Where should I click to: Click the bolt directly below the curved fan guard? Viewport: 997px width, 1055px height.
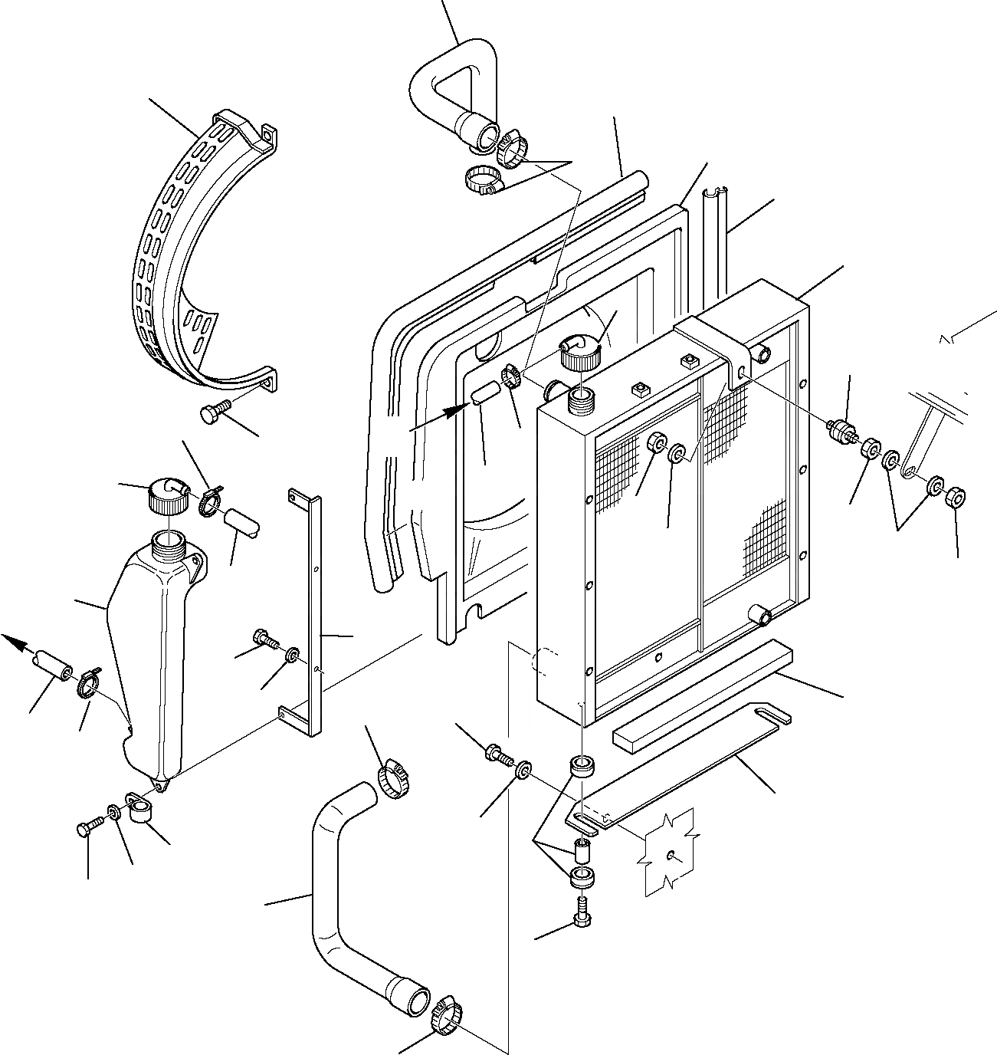click(x=215, y=412)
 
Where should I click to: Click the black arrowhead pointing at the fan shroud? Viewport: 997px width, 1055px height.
click(x=458, y=410)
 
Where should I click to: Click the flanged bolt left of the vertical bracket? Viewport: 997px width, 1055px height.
click(x=264, y=638)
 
